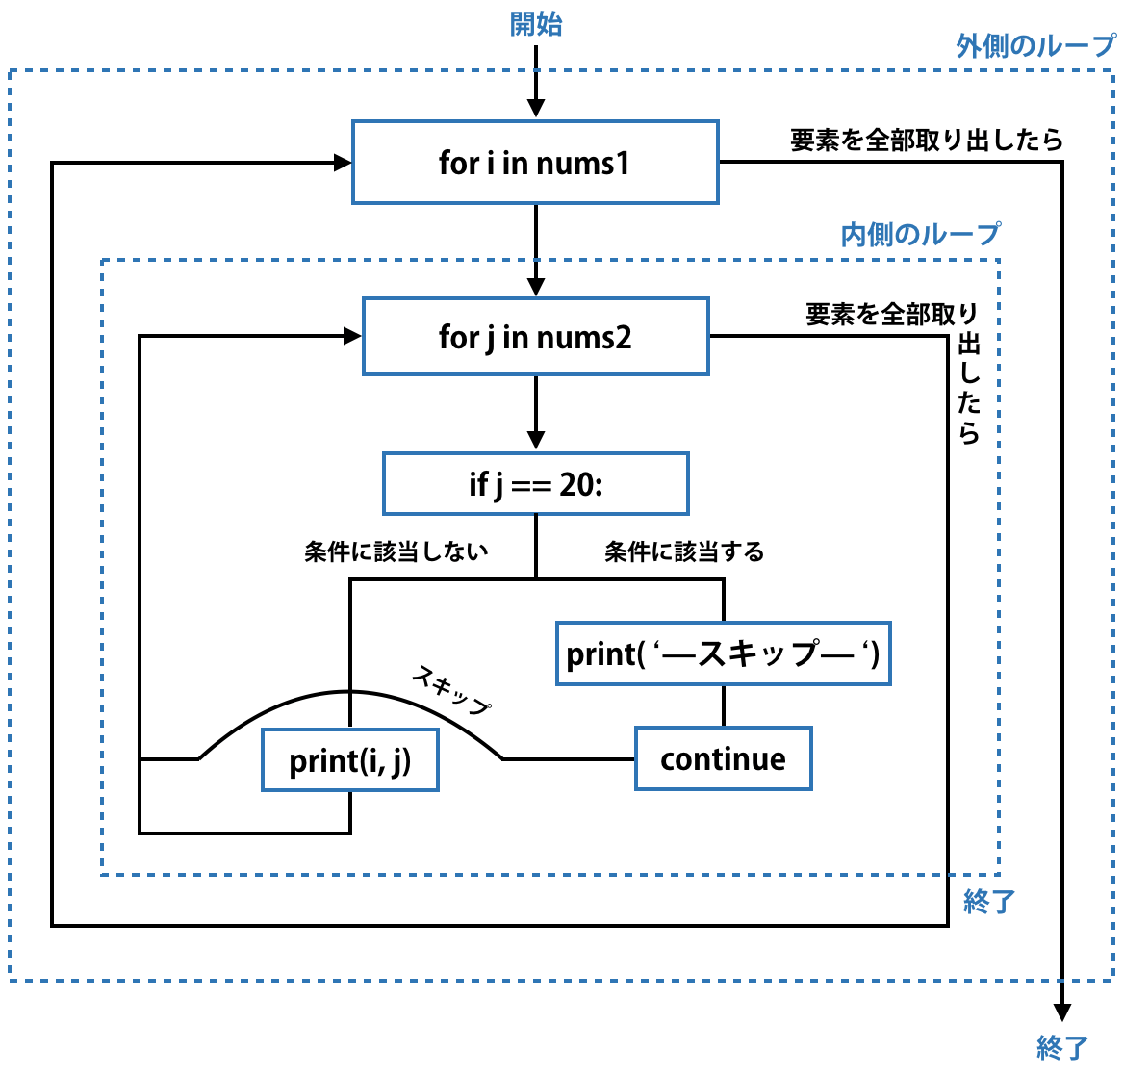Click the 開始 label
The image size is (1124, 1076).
click(536, 24)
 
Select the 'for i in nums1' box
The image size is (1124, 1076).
click(535, 163)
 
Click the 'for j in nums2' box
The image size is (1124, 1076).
click(535, 337)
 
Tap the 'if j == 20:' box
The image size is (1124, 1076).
click(535, 484)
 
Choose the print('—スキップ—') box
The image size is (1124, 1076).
click(723, 654)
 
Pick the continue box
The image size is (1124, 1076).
click(723, 759)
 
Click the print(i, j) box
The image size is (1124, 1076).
click(350, 760)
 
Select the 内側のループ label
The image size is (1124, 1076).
click(920, 235)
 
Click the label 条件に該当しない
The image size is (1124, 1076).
click(396, 551)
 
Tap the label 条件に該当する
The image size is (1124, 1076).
click(684, 551)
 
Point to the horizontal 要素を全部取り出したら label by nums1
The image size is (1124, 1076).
click(926, 141)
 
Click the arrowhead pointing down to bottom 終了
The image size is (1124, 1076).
click(1062, 1012)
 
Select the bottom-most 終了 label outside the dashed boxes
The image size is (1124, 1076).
click(1062, 1048)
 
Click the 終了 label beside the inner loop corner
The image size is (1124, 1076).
click(989, 902)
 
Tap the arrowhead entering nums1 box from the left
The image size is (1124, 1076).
click(343, 163)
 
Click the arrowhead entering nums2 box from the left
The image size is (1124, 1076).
click(352, 336)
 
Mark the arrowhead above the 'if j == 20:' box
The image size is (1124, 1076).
click(536, 441)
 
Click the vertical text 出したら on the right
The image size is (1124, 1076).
click(969, 389)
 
